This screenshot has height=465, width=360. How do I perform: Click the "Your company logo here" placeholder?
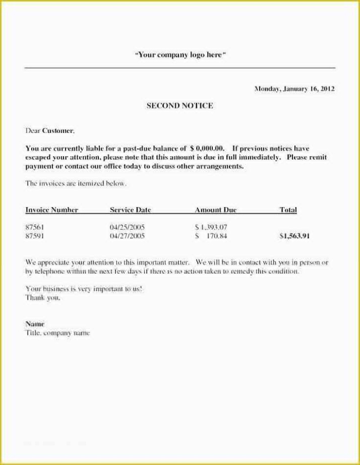180,55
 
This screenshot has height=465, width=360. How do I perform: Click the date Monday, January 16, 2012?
294,89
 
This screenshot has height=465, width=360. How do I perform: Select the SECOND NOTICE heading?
179,106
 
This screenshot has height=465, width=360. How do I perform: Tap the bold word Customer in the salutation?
57,131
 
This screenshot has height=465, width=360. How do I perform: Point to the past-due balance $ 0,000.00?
207,149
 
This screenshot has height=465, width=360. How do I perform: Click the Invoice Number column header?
51,210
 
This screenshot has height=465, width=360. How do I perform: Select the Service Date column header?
130,210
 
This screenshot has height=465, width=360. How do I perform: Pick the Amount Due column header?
215,210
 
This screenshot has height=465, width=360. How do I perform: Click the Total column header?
288,210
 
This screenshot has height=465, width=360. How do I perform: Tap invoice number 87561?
34,227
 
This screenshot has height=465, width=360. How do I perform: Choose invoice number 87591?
34,235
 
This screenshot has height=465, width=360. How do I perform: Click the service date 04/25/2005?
127,227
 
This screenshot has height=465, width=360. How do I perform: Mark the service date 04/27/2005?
127,235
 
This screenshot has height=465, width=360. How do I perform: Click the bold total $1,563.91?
294,235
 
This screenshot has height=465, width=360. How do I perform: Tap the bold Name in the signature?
35,324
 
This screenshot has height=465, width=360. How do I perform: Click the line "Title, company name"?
57,333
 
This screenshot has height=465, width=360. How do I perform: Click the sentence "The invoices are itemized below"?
76,184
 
